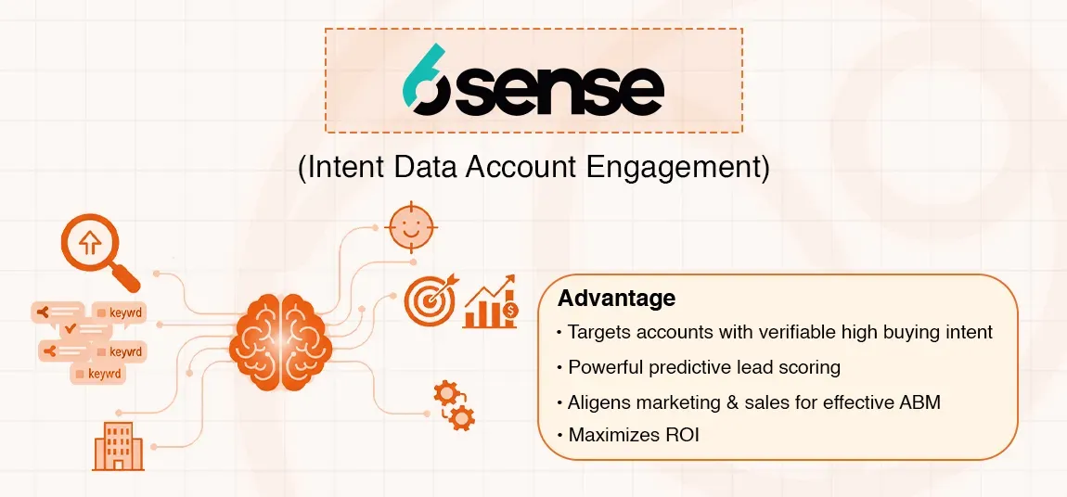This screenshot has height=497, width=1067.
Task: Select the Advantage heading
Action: (616, 299)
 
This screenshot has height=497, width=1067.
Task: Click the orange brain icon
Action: (280, 338)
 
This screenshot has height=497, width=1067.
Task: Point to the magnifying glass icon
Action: (96, 249)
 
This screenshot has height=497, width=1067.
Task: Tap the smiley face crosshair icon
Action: (410, 226)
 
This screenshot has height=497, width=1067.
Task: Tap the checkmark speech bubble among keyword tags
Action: (71, 330)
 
